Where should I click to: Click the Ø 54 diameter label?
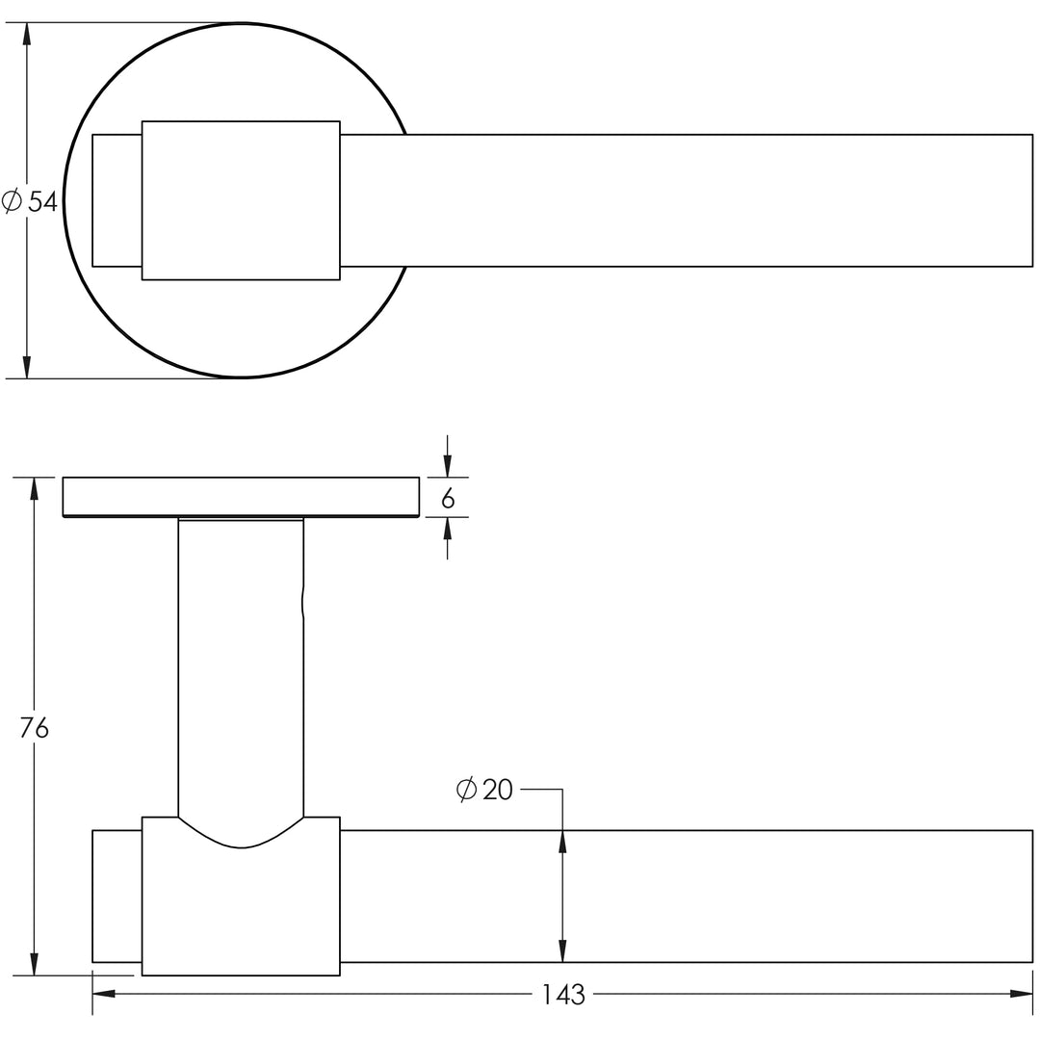pos(30,201)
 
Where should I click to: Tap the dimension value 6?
pos(448,498)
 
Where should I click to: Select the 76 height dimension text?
pos(34,728)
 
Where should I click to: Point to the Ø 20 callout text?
pos(484,790)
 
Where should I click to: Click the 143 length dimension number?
pos(563,995)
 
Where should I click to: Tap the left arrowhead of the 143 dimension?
pos(103,994)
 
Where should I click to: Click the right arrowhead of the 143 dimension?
pos(1022,994)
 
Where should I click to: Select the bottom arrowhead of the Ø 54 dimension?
pos(27,367)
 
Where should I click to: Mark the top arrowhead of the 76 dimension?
pos(34,489)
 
